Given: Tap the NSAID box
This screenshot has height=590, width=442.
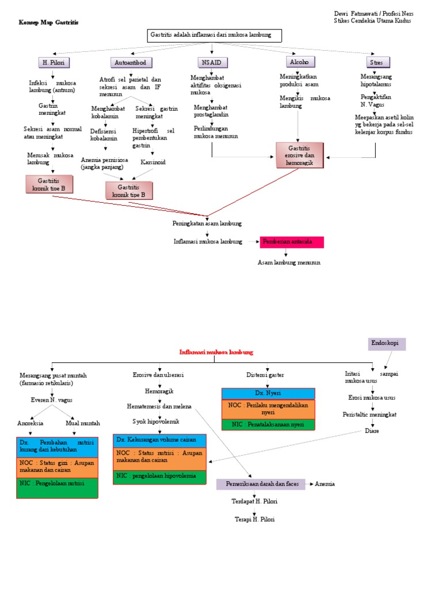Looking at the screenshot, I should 212,62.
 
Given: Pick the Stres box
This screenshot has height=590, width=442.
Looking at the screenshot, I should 378,62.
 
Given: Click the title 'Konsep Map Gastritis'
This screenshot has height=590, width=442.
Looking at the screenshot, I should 48,22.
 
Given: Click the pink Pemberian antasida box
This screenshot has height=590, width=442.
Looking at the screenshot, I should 292,242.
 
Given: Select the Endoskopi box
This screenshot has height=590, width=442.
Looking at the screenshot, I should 387,344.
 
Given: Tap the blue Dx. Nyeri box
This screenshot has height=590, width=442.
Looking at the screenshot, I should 268,394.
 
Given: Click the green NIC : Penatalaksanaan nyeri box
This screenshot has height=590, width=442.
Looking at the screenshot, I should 268,425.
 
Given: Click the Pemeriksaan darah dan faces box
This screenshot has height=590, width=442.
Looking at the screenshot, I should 261,484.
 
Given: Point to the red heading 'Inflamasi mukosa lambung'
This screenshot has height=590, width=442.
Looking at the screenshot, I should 216,351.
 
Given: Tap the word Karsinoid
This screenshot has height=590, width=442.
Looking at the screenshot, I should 153,162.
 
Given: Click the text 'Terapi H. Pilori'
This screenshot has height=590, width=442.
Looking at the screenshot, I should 255,519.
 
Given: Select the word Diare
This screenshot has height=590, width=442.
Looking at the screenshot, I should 372,431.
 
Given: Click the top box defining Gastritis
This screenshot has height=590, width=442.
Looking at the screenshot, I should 215,36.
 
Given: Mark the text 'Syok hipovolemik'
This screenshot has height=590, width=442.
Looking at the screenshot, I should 156,421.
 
